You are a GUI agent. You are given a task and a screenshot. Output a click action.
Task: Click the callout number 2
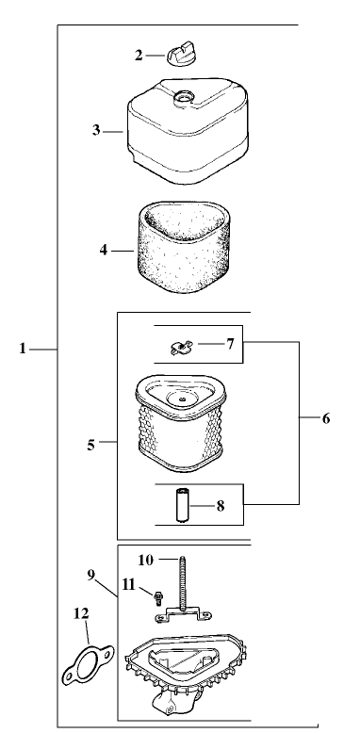(x=139, y=56)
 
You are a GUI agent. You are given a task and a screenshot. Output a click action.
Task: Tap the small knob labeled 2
(x=179, y=54)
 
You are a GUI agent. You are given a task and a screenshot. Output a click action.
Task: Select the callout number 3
(x=96, y=130)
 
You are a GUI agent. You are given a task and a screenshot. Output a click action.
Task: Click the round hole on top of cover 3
(x=182, y=97)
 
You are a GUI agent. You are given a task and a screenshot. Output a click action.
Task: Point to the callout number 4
(x=104, y=250)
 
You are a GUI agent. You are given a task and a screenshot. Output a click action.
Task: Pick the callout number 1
(x=22, y=349)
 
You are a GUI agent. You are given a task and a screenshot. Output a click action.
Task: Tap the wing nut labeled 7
(x=180, y=348)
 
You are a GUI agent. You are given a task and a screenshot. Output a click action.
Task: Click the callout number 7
(x=230, y=344)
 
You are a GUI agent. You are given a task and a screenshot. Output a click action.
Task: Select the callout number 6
(x=326, y=418)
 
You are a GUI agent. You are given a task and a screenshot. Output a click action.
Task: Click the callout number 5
(x=91, y=445)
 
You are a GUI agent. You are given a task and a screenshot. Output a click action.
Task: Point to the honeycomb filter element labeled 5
(x=180, y=423)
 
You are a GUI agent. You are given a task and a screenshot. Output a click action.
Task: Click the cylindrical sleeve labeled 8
(x=182, y=504)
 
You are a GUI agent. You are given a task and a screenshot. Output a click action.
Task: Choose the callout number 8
(x=221, y=506)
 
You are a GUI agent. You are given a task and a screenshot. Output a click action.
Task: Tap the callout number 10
(x=145, y=560)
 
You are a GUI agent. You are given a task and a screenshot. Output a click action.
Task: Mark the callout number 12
(x=81, y=613)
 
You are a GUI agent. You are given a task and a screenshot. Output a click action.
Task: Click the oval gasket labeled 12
(x=89, y=664)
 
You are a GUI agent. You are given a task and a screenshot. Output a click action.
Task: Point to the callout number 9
(x=91, y=575)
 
